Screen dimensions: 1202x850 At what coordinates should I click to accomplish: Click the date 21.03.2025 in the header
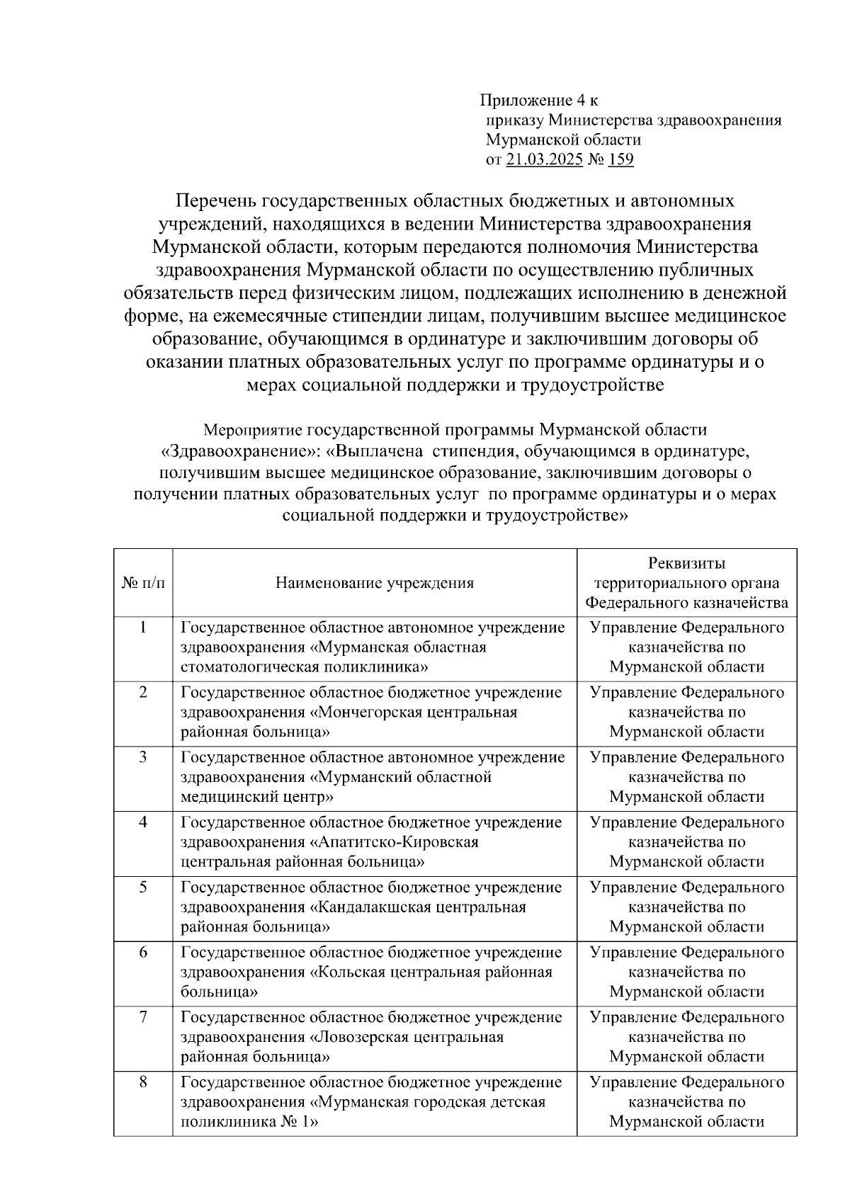545,159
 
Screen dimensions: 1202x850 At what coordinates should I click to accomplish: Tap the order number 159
620,159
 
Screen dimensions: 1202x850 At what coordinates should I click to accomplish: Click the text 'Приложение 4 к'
538,100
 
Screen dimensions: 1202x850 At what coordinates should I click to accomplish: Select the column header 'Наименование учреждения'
374,583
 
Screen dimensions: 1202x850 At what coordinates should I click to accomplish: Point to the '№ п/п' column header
143,583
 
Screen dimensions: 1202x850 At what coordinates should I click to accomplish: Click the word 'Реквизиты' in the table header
686,563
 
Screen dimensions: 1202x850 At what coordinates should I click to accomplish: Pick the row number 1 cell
143,627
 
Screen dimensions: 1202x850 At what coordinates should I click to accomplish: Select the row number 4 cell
143,822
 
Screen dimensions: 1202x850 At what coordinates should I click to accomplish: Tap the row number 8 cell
143,1082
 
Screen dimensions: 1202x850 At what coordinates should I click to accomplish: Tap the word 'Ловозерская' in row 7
361,1037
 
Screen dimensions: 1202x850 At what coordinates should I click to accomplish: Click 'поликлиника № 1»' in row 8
249,1122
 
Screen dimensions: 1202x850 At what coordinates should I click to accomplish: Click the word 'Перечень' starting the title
216,201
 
